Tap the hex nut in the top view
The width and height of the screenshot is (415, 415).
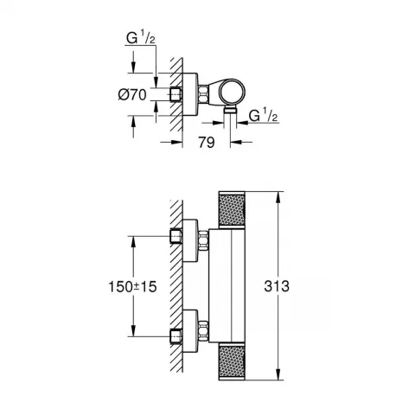point(202,93)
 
